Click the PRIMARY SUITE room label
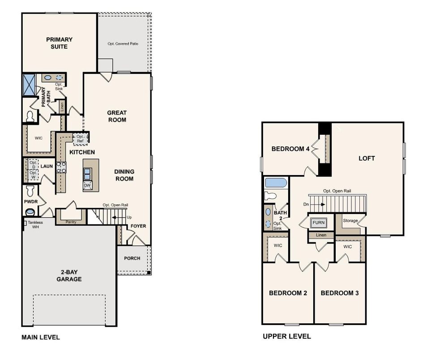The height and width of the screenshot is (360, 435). coord(59,43)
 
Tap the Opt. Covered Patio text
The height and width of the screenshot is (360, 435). coord(123,44)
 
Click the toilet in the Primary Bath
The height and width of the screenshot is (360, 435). coord(30,116)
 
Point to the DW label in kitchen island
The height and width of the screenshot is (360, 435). coord(87,185)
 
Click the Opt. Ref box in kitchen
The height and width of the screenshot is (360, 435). coord(80,138)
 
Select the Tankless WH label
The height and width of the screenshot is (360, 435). coord(35,224)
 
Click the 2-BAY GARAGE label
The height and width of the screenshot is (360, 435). coord(69,275)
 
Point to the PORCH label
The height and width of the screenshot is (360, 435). coord(132,258)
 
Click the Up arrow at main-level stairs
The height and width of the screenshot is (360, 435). coord(118,217)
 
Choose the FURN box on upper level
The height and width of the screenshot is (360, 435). coord(319,222)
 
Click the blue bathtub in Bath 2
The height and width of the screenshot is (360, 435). coord(275,183)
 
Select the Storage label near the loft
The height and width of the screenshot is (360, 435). coord(350,221)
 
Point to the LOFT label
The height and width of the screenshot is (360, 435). coord(367,159)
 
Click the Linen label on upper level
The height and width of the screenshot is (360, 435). coord(320,235)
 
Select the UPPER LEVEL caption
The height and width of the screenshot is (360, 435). coord(286,337)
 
